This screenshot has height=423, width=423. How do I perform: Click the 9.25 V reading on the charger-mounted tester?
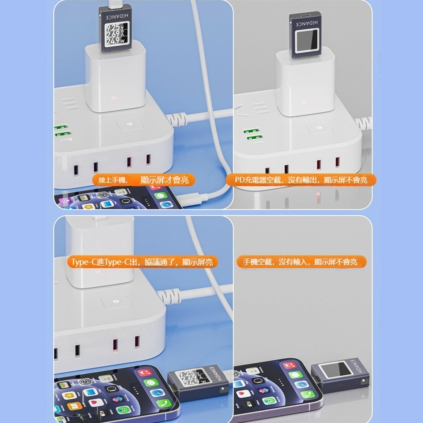click(113, 28)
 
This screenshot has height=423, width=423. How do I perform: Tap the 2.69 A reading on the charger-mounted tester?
click(113, 35)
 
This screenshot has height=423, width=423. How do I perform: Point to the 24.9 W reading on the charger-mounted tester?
click(113, 41)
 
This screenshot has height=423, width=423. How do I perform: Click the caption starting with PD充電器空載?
click(302, 180)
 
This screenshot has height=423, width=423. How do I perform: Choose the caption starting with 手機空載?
click(302, 262)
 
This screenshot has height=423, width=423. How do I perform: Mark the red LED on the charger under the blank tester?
click(303, 102)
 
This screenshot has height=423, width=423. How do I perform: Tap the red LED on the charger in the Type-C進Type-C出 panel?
click(97, 271)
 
